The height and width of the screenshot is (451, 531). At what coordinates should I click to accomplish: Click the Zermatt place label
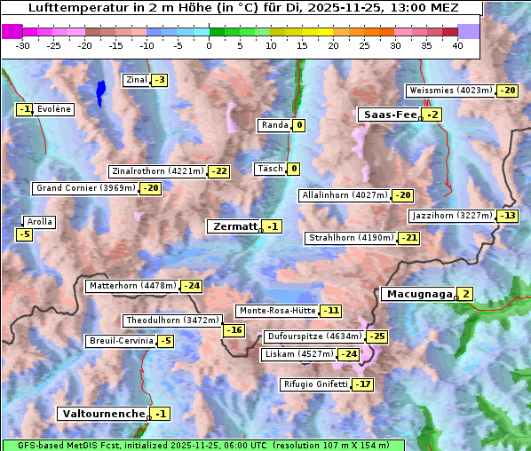(234, 226)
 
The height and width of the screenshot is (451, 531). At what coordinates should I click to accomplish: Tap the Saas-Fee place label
(389, 115)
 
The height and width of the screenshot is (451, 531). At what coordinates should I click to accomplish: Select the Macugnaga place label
(417, 294)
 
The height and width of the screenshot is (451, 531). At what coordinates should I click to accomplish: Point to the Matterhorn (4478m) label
(131, 286)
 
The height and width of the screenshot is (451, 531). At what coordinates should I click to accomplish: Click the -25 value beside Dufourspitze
(377, 336)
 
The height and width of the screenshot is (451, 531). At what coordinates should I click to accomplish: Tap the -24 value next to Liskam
(349, 354)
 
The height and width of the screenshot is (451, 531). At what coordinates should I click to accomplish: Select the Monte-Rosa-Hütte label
(277, 311)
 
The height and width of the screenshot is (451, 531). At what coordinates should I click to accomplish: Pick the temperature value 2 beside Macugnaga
(464, 294)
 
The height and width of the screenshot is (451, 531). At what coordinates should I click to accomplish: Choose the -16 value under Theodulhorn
(233, 330)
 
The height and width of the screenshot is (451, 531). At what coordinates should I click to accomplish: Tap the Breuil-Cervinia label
(119, 341)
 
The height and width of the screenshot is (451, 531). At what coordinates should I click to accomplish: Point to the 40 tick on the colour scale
(457, 45)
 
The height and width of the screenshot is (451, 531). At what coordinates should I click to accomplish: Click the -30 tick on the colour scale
(23, 45)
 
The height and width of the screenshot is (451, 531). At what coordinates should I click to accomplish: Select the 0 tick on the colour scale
(209, 45)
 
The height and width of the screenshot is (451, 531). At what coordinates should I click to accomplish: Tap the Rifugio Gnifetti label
(315, 384)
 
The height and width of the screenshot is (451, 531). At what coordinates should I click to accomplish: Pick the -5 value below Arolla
(24, 234)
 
